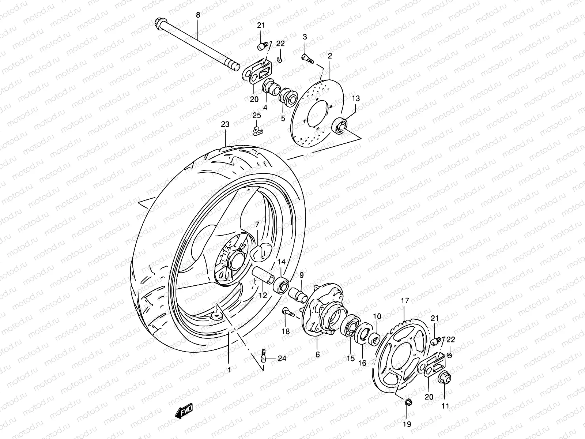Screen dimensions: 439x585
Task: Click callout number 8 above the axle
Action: [198, 15]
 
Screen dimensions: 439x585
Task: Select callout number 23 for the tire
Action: [225, 125]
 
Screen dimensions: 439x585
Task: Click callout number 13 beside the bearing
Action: [356, 98]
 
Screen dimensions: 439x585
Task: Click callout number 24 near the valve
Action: [282, 359]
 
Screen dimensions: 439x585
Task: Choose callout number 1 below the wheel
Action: [229, 370]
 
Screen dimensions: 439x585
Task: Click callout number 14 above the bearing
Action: [281, 262]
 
